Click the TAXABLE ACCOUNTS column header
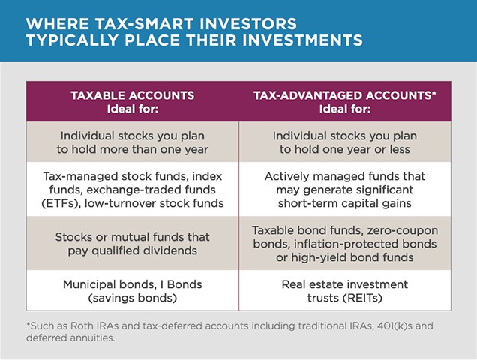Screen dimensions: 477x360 (x=133, y=102)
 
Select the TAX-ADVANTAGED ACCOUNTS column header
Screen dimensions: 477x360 (x=345, y=102)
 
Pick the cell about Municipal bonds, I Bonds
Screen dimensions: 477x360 (x=133, y=290)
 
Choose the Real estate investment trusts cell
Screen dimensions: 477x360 (x=345, y=290)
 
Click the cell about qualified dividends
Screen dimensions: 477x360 (x=133, y=244)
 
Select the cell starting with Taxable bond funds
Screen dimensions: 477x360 (x=345, y=244)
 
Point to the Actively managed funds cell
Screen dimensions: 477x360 (x=345, y=189)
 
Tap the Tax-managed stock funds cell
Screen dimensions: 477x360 (x=133, y=189)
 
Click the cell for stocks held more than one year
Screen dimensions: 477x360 (x=133, y=142)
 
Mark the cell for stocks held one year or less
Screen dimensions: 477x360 (x=345, y=142)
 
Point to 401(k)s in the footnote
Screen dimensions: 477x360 (x=394, y=325)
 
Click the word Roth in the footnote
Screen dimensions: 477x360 (x=81, y=325)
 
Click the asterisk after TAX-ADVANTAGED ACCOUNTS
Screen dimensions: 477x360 (x=434, y=93)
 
